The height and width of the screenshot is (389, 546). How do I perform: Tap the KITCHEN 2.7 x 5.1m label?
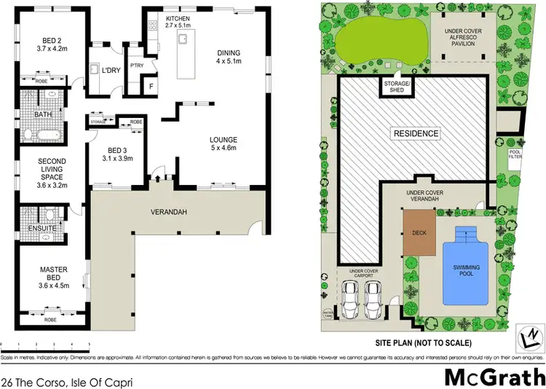click(x=178, y=22)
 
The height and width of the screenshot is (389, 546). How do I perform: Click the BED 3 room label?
click(x=106, y=154)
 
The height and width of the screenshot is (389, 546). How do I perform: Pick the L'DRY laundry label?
click(x=111, y=70)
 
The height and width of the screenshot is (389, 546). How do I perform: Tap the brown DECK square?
click(x=419, y=233)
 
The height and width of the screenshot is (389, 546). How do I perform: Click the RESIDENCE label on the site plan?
click(x=416, y=133)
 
